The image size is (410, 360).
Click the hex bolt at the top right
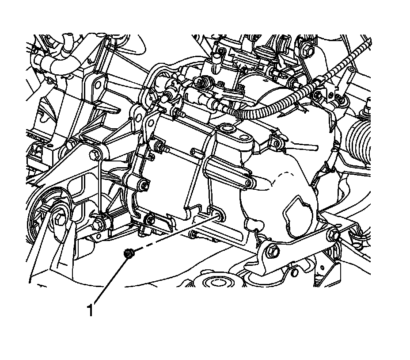coord(309,50)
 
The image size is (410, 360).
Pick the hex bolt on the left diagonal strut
coord(94,155)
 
